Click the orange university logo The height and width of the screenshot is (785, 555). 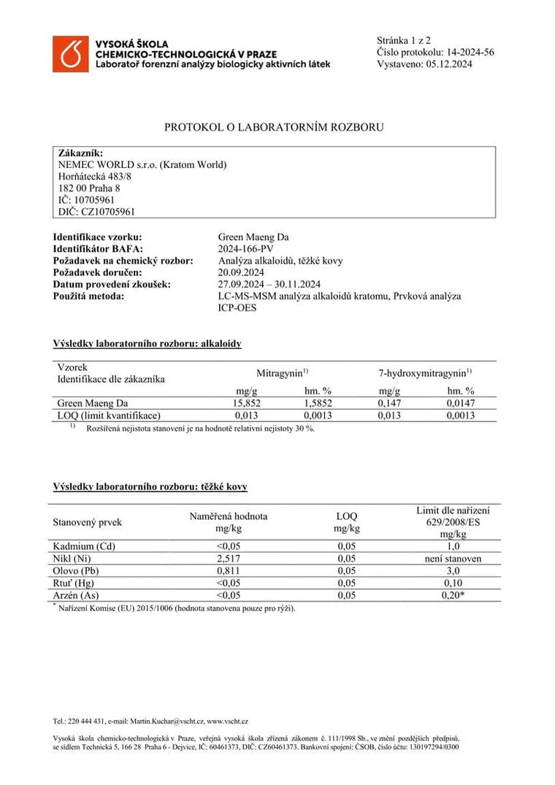pyautogui.click(x=69, y=53)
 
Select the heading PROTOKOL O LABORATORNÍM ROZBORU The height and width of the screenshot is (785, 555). pyautogui.click(x=274, y=127)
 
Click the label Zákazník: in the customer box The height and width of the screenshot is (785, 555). pyautogui.click(x=75, y=153)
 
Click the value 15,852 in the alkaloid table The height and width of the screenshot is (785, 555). pyautogui.click(x=245, y=402)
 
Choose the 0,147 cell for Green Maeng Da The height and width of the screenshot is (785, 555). pyautogui.click(x=389, y=402)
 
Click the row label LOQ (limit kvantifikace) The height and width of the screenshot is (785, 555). pyautogui.click(x=104, y=415)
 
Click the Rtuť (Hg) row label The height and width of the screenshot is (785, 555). pyautogui.click(x=73, y=583)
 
